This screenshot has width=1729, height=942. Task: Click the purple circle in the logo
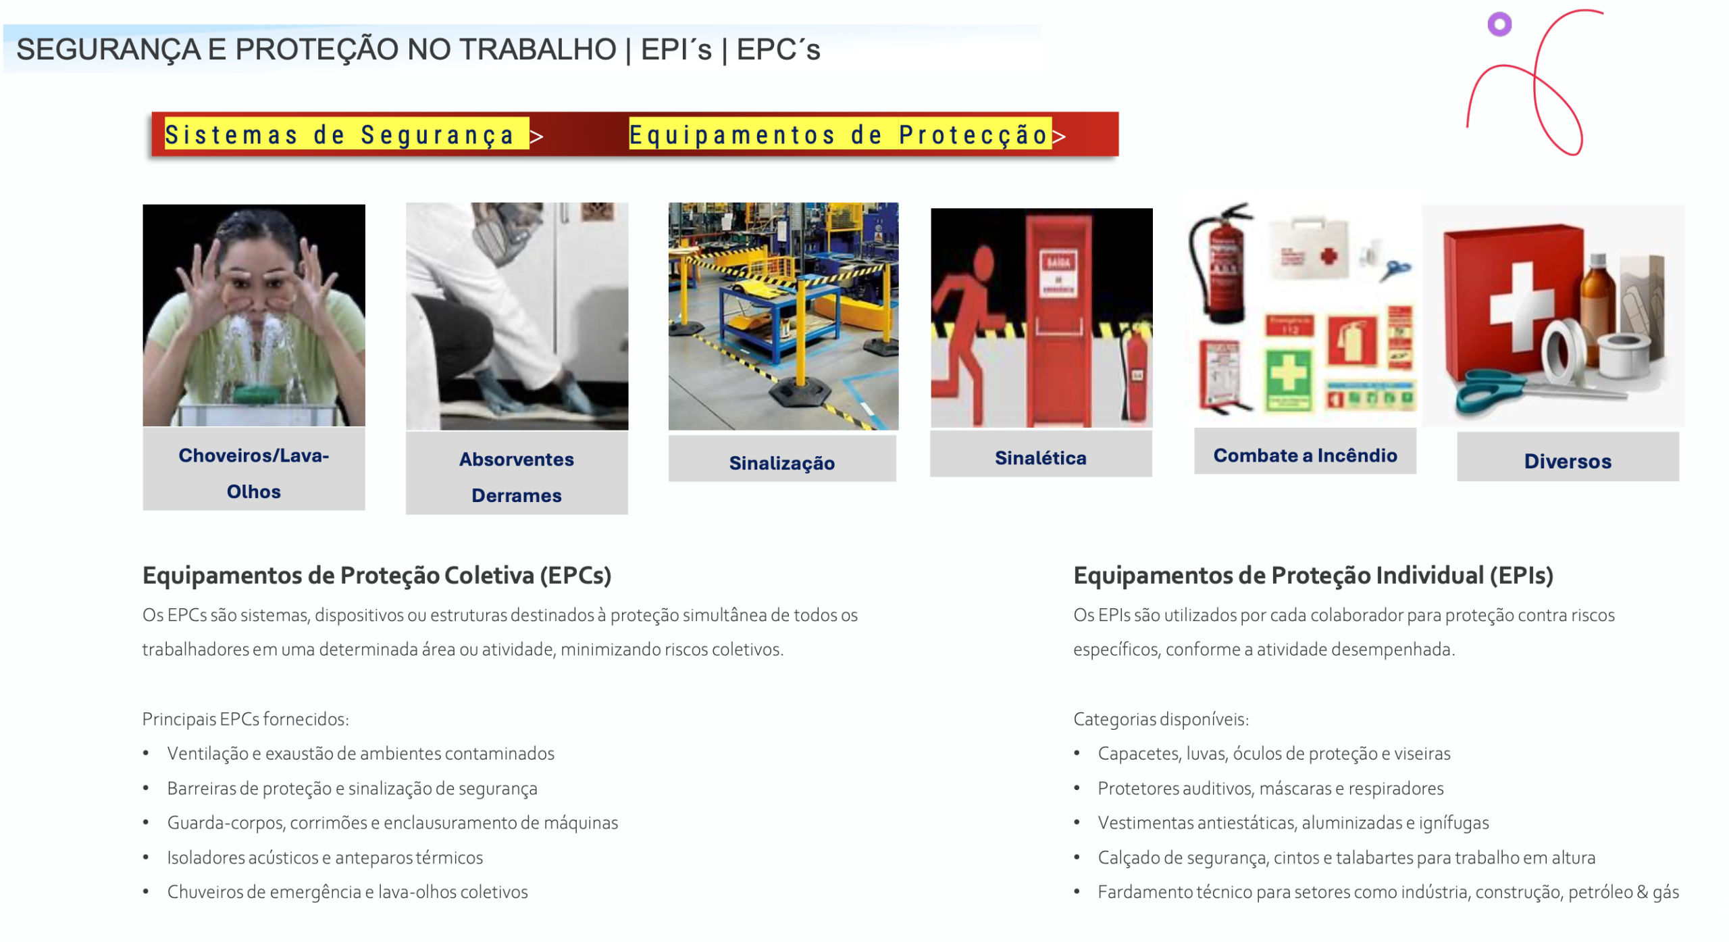point(1499,24)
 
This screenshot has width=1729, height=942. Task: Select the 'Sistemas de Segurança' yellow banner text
point(340,134)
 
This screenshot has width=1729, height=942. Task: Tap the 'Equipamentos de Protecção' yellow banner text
point(838,134)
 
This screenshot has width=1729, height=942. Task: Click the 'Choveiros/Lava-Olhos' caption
point(253,473)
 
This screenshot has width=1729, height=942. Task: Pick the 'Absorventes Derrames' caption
point(516,477)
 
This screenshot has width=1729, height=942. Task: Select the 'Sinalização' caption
point(781,463)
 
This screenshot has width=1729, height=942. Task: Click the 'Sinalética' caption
point(1040,458)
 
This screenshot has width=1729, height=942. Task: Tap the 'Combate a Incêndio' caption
point(1305,455)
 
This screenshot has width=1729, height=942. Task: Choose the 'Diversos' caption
point(1567,462)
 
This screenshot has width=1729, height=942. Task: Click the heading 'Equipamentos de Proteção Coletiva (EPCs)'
point(377,576)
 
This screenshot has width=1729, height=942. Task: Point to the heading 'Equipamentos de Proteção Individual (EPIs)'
point(1313,576)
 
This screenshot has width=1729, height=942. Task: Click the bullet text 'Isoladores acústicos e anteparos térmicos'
point(325,858)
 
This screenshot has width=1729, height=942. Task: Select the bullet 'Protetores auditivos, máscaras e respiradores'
point(1270,789)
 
